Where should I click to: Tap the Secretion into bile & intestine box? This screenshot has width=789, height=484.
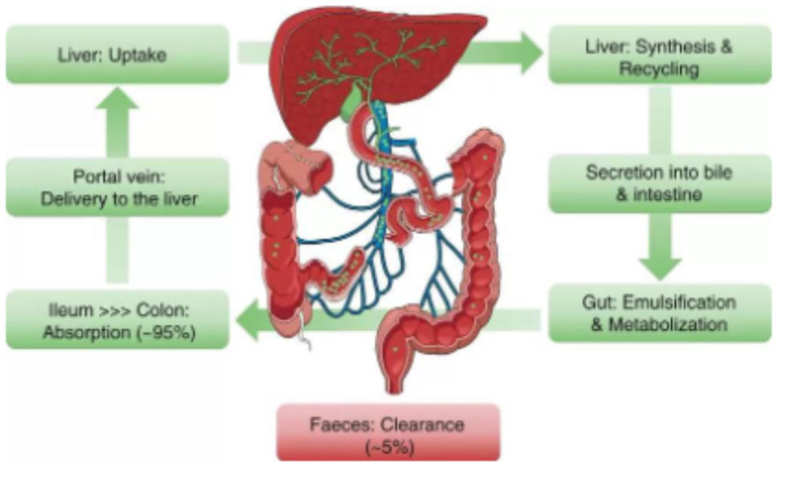(x=659, y=184)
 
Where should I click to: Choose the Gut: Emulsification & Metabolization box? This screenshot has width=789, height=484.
(x=659, y=313)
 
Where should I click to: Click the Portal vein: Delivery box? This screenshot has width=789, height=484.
(x=117, y=187)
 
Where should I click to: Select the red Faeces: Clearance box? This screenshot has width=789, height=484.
(x=388, y=432)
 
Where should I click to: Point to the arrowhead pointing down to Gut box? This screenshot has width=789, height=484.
(x=660, y=265)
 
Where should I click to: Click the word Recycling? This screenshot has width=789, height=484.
(x=659, y=69)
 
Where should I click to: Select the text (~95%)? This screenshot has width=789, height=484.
(x=162, y=333)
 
